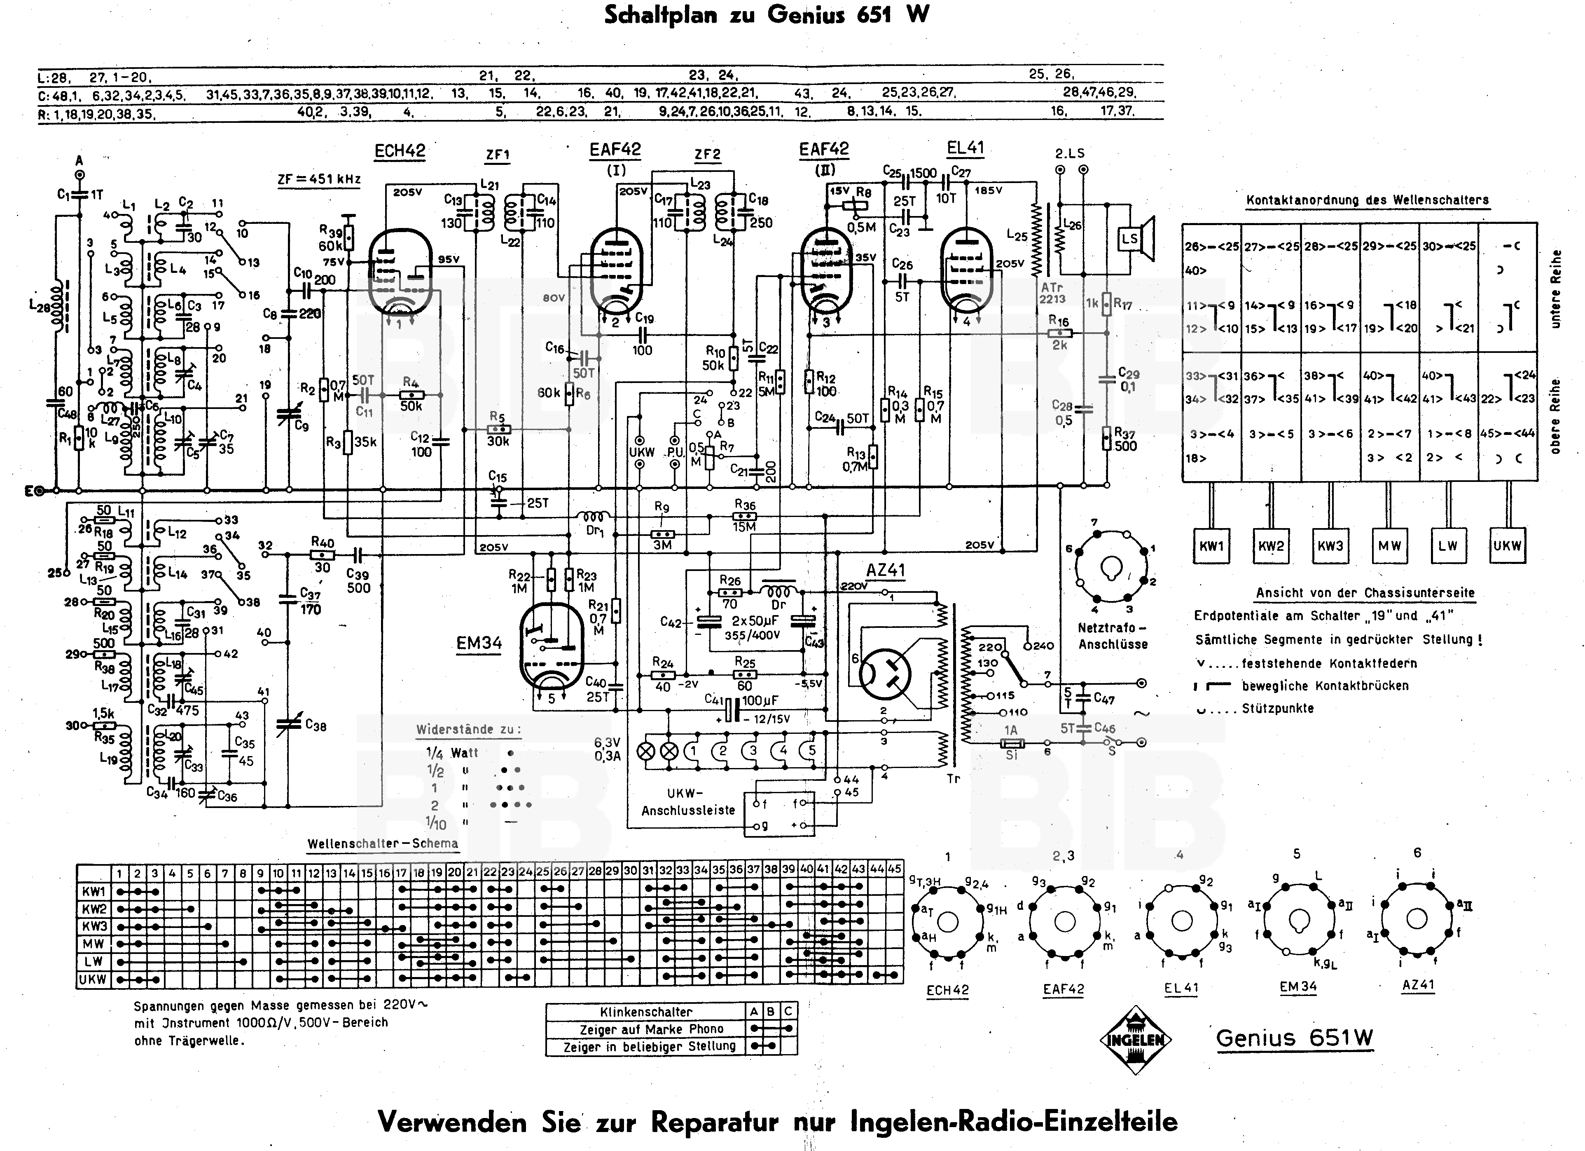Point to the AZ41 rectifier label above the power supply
tap(886, 570)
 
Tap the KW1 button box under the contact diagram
tap(1211, 546)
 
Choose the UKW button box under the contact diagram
tap(1508, 546)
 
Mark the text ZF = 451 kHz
tap(319, 179)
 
